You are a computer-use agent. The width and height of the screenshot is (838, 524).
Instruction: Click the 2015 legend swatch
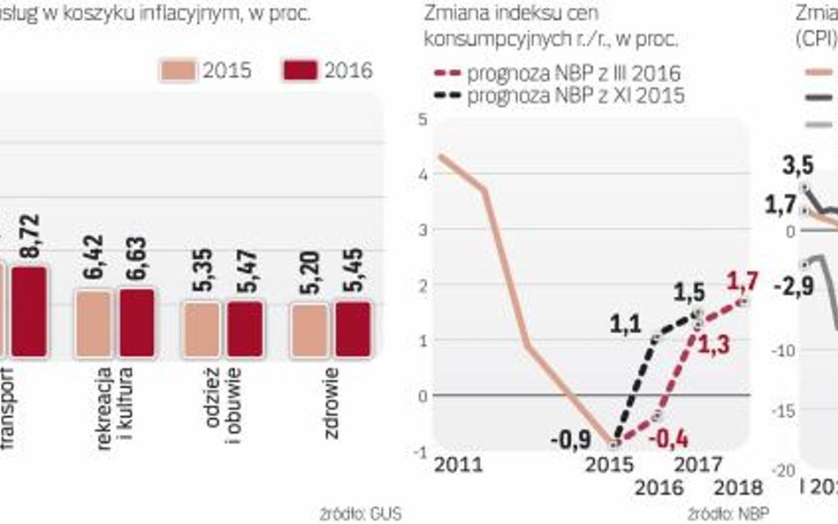(179, 71)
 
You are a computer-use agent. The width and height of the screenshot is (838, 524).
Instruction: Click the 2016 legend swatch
(300, 71)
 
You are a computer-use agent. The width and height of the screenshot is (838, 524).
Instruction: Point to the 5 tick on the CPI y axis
(421, 119)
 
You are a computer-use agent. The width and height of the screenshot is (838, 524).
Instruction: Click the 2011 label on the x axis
(459, 465)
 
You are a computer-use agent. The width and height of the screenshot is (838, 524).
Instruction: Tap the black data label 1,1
(627, 324)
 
